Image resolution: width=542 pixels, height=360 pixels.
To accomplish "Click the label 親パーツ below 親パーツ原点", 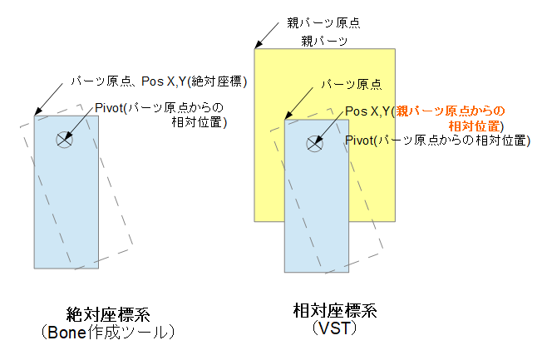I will point(323,39).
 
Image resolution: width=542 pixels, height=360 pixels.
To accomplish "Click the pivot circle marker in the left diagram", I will point(64,140).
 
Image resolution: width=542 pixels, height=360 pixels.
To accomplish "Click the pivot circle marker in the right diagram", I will point(314,143).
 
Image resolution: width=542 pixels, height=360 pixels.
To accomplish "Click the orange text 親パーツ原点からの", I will point(450,111).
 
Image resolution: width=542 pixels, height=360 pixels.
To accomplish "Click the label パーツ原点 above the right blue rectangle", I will point(352,83).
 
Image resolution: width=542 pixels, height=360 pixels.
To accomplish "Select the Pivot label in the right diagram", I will point(437,141).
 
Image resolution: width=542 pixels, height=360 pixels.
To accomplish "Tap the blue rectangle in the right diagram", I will point(315,224).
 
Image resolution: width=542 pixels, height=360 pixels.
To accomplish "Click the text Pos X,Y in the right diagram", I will point(368,111).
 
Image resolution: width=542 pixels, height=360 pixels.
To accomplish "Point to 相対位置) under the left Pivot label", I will point(197,122).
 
